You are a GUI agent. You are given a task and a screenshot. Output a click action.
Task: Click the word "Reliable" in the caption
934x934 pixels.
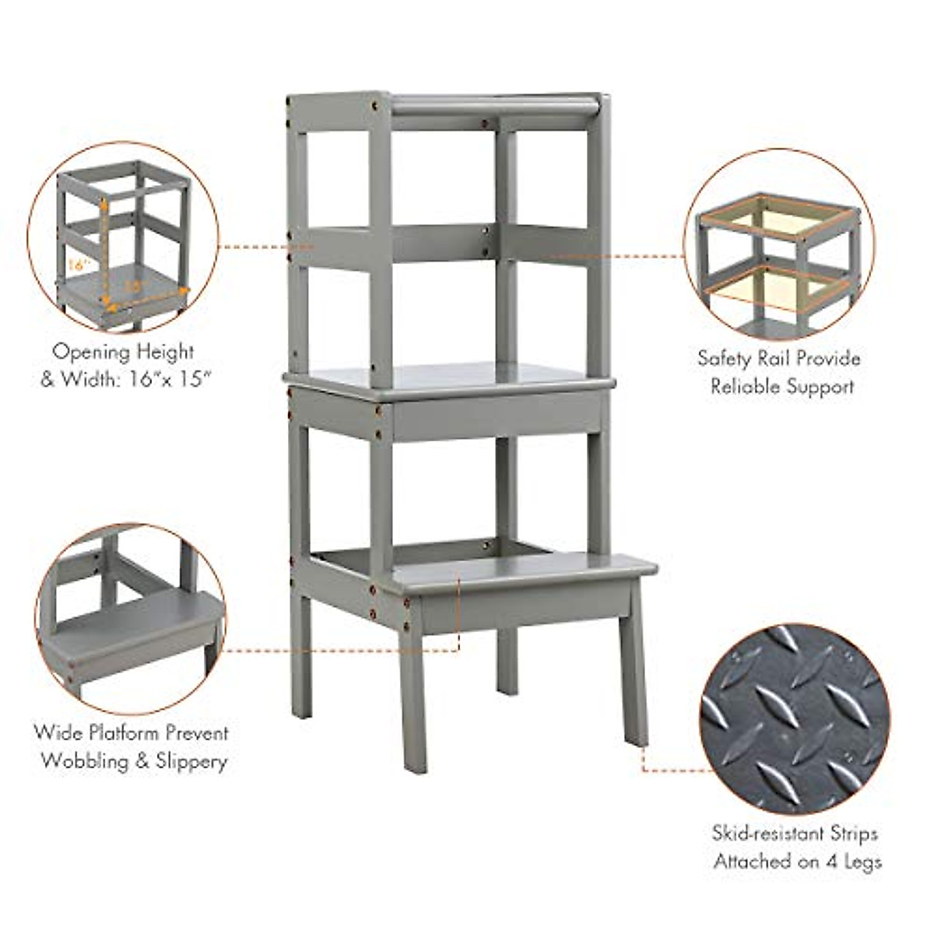(x=750, y=386)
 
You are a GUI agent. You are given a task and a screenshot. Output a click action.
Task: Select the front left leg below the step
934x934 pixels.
(x=413, y=693)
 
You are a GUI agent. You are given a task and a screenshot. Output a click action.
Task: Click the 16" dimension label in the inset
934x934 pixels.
(x=75, y=265)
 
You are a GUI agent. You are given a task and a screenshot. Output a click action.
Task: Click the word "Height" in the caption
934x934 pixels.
(x=163, y=352)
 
